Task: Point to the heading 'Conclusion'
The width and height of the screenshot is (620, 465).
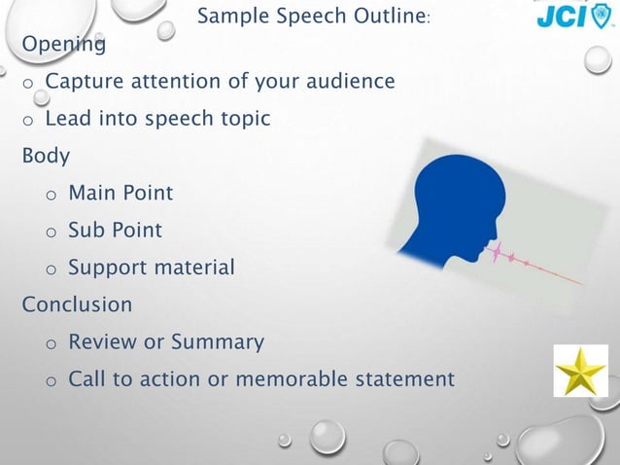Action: (77, 304)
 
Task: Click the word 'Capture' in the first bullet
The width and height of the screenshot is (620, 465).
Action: (83, 81)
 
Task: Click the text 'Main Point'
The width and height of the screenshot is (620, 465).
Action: (121, 193)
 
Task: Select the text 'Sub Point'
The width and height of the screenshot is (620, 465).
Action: (115, 231)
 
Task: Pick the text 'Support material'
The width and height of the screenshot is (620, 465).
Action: (151, 268)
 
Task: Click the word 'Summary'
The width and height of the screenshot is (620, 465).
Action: (217, 342)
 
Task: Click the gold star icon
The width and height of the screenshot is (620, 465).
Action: (580, 371)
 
